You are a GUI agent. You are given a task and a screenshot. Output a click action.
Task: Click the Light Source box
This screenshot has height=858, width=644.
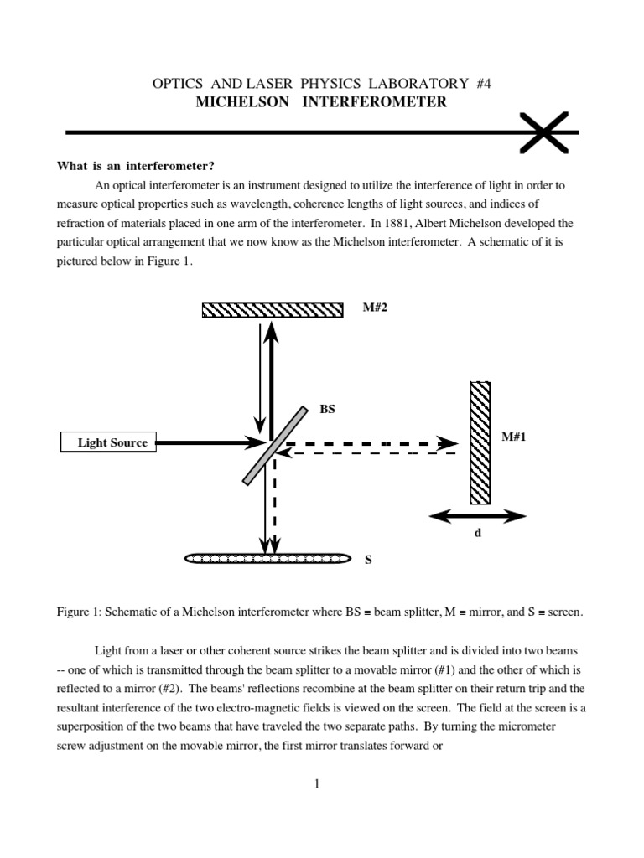[x=109, y=442]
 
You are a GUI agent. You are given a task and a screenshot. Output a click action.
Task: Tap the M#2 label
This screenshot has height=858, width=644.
[x=376, y=308]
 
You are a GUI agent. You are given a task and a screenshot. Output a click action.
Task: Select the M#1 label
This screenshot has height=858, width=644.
[x=513, y=437]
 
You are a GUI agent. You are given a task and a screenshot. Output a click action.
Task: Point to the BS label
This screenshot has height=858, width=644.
[x=327, y=409]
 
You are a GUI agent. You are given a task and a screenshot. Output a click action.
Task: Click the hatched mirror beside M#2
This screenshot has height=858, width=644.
[x=273, y=310]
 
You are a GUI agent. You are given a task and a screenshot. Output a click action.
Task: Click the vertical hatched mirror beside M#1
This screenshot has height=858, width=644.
[x=480, y=442]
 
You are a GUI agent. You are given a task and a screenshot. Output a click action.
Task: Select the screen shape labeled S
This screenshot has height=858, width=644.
[x=267, y=557]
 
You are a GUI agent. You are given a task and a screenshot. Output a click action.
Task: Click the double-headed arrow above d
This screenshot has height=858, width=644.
[x=477, y=517]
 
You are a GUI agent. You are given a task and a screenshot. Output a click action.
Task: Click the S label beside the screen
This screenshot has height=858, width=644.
[x=367, y=561]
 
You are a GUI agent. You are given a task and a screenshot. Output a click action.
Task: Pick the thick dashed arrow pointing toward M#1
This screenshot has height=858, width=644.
[x=369, y=442]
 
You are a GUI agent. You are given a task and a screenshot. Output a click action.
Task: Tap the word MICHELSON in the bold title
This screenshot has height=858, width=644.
[x=237, y=102]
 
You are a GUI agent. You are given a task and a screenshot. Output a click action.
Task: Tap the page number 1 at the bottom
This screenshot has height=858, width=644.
[x=317, y=784]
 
